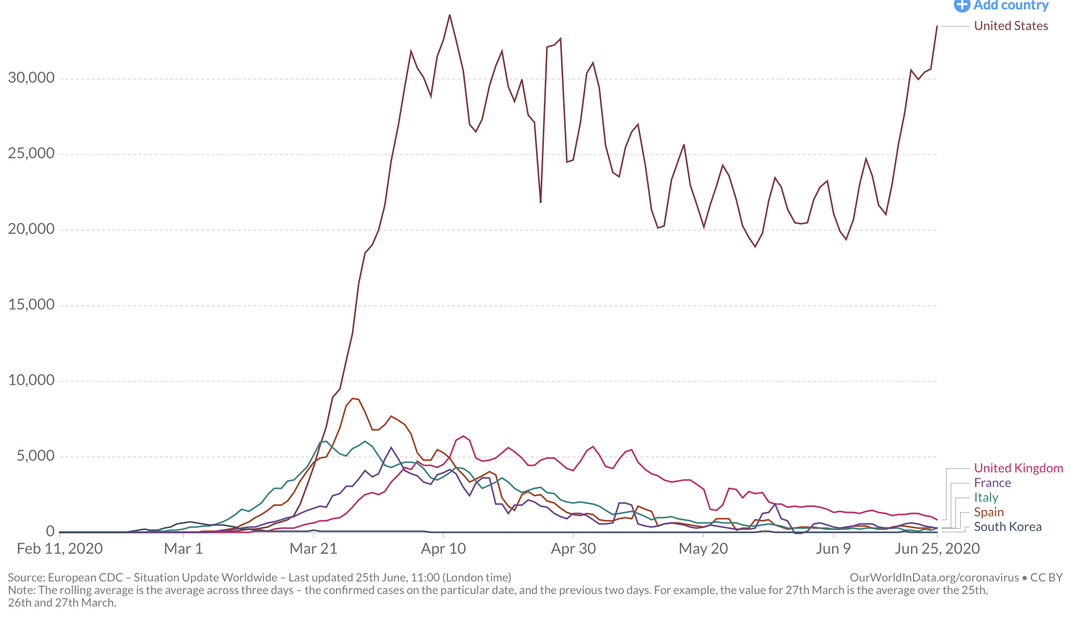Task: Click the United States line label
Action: pos(1010,26)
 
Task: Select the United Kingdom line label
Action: pos(1018,469)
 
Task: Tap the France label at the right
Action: pos(992,483)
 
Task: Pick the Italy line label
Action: pos(986,498)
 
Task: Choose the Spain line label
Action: pos(988,512)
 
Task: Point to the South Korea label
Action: pos(1007,527)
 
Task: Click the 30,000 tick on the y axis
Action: pos(31,78)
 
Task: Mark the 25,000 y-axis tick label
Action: pos(31,154)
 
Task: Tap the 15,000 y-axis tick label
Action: pos(31,305)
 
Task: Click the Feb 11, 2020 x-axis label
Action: pos(60,549)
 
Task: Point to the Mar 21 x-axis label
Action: pos(313,549)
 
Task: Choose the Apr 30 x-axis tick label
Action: pos(573,549)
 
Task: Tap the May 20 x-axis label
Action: pos(703,549)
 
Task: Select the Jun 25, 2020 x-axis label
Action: pos(937,549)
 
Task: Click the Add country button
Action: pos(1001,6)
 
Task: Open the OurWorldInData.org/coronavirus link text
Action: pos(934,578)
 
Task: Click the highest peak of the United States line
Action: pos(450,15)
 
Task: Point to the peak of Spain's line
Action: pos(353,398)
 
